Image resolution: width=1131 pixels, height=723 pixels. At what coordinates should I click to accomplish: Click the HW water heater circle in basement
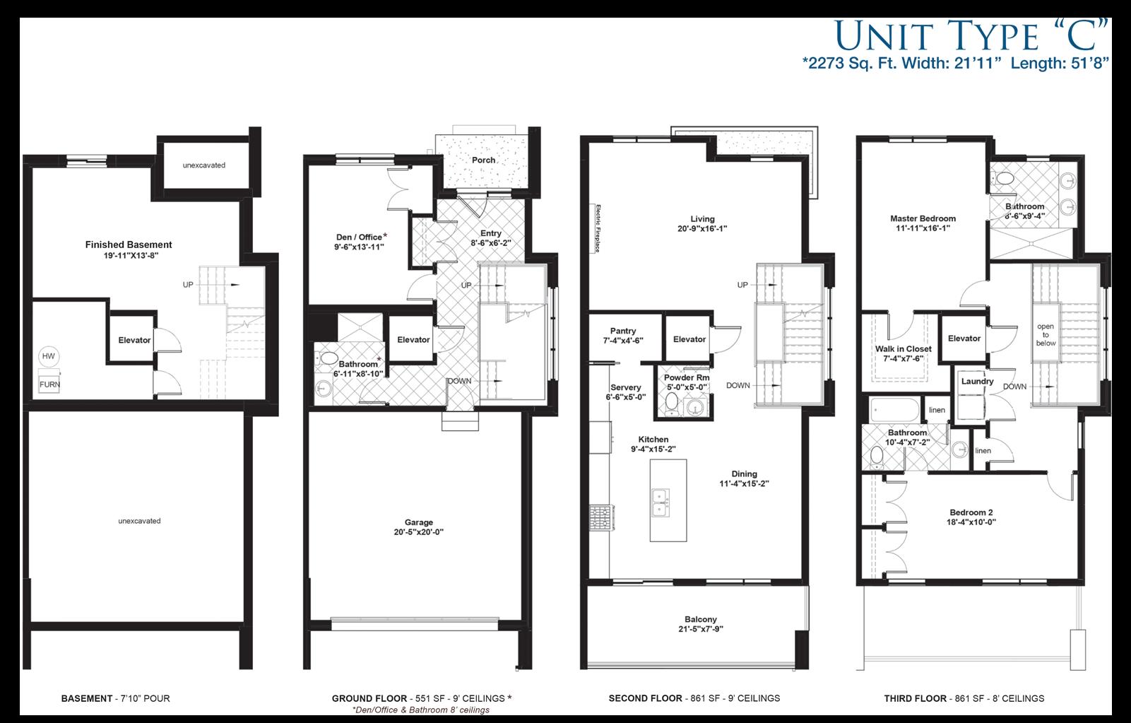48,356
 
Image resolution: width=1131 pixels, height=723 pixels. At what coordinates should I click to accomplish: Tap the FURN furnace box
49,384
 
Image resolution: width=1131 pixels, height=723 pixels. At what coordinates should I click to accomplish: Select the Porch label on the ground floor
484,160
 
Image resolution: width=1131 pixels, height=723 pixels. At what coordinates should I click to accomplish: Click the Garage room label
419,523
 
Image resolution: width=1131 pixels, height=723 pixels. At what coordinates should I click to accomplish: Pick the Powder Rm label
687,378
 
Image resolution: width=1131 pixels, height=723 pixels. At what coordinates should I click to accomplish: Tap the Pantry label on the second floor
623,331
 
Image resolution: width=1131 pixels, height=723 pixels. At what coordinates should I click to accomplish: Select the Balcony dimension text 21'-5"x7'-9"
700,629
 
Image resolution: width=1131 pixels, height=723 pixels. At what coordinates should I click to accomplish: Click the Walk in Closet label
903,349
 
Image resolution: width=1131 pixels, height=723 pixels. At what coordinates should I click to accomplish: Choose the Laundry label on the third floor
977,382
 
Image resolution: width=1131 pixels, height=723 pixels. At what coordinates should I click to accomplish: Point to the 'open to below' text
1046,335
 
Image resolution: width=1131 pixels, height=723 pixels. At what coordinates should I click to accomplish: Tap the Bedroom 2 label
971,512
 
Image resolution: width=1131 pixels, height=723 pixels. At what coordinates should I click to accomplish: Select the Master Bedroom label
923,219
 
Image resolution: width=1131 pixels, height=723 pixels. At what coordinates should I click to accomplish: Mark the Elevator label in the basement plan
134,340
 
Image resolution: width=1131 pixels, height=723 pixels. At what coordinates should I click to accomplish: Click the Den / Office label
360,237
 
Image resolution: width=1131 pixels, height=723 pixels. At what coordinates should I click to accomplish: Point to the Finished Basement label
129,245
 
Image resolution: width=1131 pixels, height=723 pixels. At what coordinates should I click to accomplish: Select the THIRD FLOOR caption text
915,698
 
